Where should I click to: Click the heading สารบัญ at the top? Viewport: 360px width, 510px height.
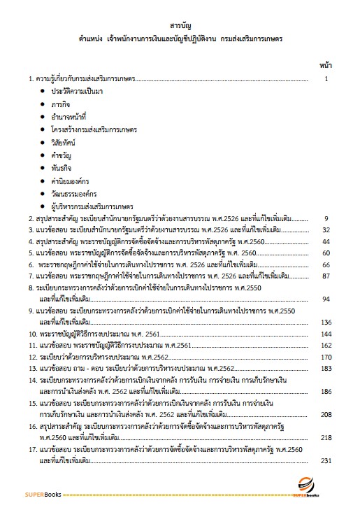180,22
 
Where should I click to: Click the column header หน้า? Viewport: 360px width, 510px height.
324,64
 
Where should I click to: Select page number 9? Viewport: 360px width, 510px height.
326,218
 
